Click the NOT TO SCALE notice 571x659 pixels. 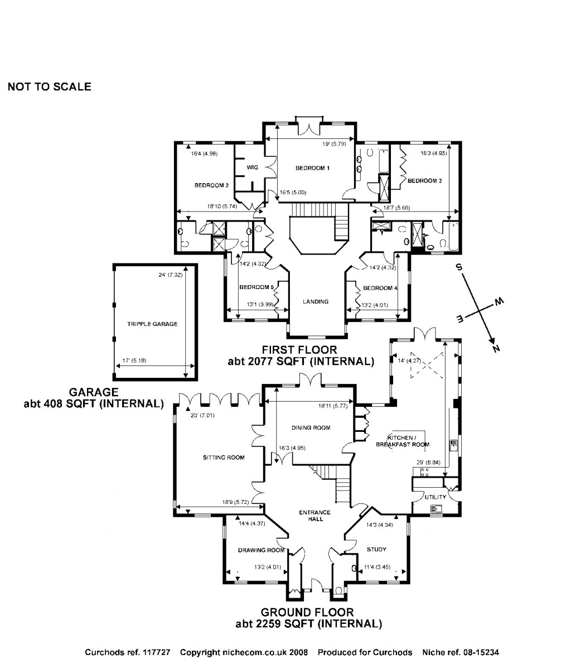[x=49, y=87]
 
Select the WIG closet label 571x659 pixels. [x=252, y=167]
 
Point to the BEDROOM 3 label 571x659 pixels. [x=424, y=181]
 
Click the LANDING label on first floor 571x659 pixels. [x=316, y=301]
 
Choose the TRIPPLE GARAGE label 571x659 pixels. [x=152, y=324]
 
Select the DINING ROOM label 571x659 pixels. [x=311, y=428]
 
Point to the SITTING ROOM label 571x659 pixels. [x=224, y=458]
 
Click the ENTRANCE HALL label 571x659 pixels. [x=314, y=516]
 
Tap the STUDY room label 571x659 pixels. [x=376, y=550]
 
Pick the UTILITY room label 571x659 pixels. [x=435, y=497]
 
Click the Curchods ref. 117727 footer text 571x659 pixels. [x=127, y=652]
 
